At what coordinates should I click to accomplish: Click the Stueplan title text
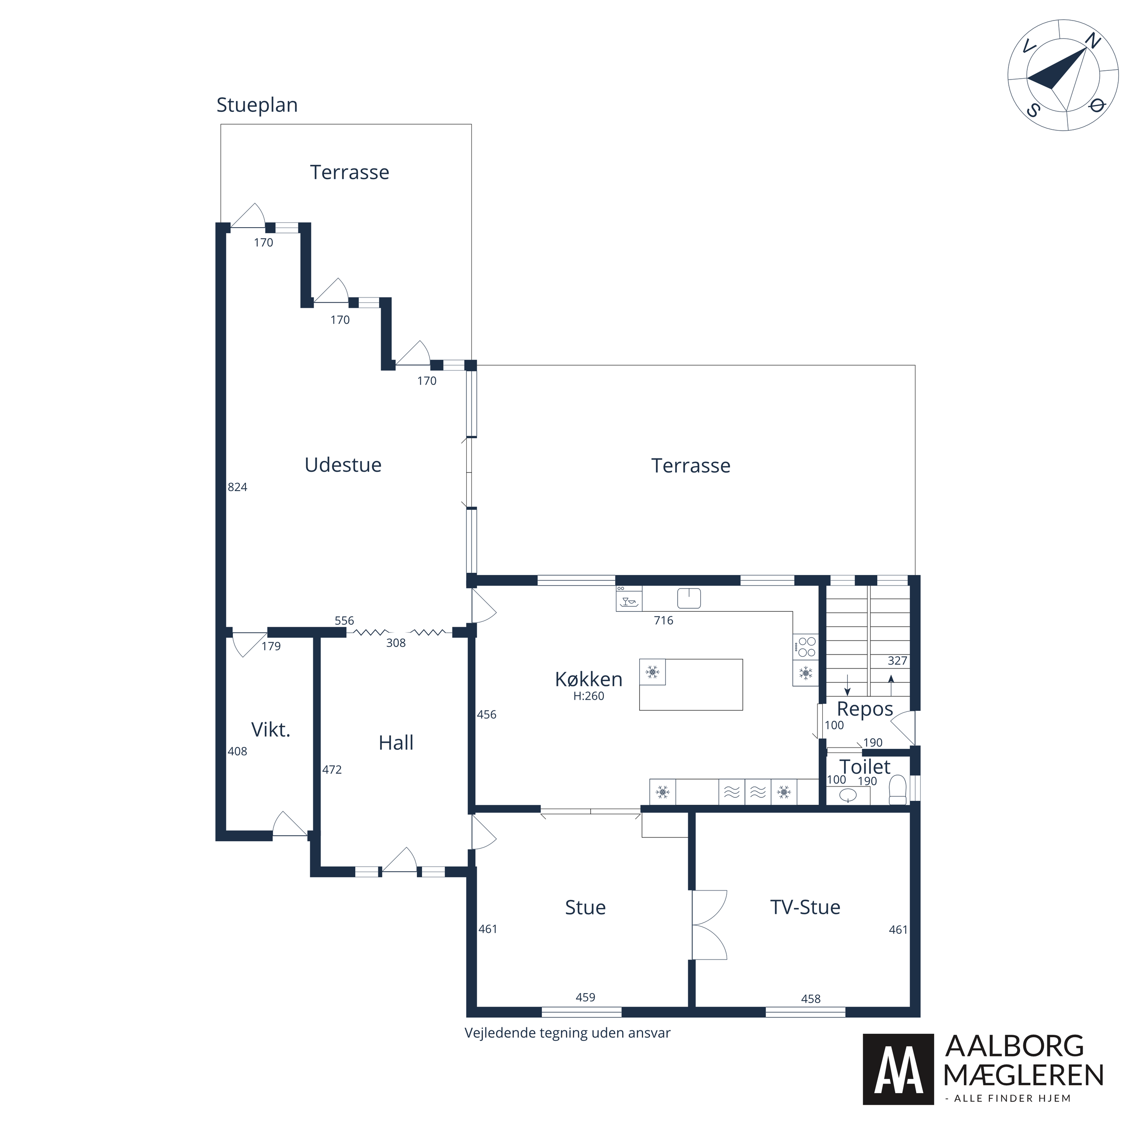click(257, 106)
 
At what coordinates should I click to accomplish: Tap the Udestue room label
click(343, 464)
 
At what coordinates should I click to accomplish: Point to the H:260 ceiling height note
click(589, 696)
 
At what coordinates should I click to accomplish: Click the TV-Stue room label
click(805, 907)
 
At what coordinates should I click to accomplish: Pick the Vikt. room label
click(270, 730)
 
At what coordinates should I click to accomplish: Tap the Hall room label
click(396, 743)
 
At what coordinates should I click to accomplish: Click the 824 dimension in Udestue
click(238, 487)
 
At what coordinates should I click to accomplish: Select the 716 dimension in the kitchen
click(663, 620)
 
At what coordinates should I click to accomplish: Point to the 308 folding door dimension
click(396, 643)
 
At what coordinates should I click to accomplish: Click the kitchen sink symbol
click(689, 598)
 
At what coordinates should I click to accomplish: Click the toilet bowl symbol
click(897, 790)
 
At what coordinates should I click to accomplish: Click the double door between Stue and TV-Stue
click(709, 925)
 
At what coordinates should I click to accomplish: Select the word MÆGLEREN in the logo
click(1023, 1075)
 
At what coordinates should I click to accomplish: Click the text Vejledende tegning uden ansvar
click(568, 1033)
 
